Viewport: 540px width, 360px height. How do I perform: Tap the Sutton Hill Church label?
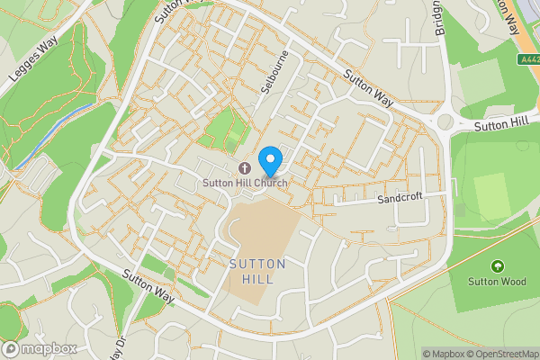click(x=244, y=184)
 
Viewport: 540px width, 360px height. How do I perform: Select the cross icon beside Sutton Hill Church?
click(x=244, y=168)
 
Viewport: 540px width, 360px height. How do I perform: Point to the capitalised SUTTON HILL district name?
click(x=257, y=272)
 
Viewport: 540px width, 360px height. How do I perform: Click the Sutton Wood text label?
click(x=496, y=281)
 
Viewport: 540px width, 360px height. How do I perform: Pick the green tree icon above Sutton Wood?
click(x=496, y=266)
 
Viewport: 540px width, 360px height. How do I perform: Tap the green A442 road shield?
click(x=529, y=60)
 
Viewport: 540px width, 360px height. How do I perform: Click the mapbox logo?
click(x=40, y=348)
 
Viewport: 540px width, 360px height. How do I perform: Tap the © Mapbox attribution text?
click(x=444, y=354)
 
